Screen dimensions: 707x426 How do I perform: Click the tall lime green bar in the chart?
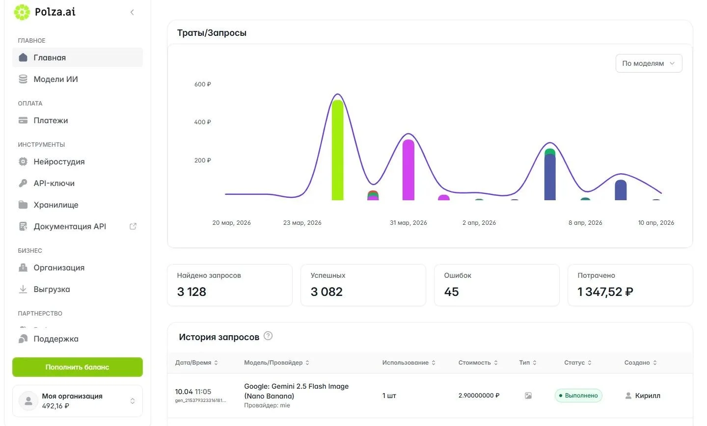pos(337,150)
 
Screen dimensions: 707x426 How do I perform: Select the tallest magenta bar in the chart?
pos(408,170)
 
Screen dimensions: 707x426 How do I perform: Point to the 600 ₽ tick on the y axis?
pos(203,84)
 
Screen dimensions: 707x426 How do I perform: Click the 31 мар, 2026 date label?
pos(408,222)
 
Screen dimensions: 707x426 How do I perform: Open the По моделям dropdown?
pos(649,63)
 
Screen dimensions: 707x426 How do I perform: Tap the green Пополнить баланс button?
pos(78,367)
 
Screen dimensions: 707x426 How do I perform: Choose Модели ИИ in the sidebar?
pos(55,79)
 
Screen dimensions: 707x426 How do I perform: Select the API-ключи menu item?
pos(54,184)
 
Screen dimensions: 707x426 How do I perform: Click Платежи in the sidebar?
pos(51,121)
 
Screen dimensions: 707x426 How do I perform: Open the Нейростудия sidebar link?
pos(59,161)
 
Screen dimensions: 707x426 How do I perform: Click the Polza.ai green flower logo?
pos(22,12)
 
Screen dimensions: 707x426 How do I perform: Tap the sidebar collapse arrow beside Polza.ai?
pos(132,12)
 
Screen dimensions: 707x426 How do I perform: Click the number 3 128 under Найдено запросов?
pos(191,292)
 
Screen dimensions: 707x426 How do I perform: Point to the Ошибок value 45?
pos(451,292)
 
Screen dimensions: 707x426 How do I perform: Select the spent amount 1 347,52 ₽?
pos(605,292)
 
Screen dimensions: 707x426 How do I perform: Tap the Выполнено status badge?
pos(578,396)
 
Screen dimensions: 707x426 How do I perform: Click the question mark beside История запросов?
pos(268,336)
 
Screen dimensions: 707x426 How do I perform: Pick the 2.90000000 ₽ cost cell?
pos(479,396)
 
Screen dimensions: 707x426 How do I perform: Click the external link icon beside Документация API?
pos(133,226)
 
